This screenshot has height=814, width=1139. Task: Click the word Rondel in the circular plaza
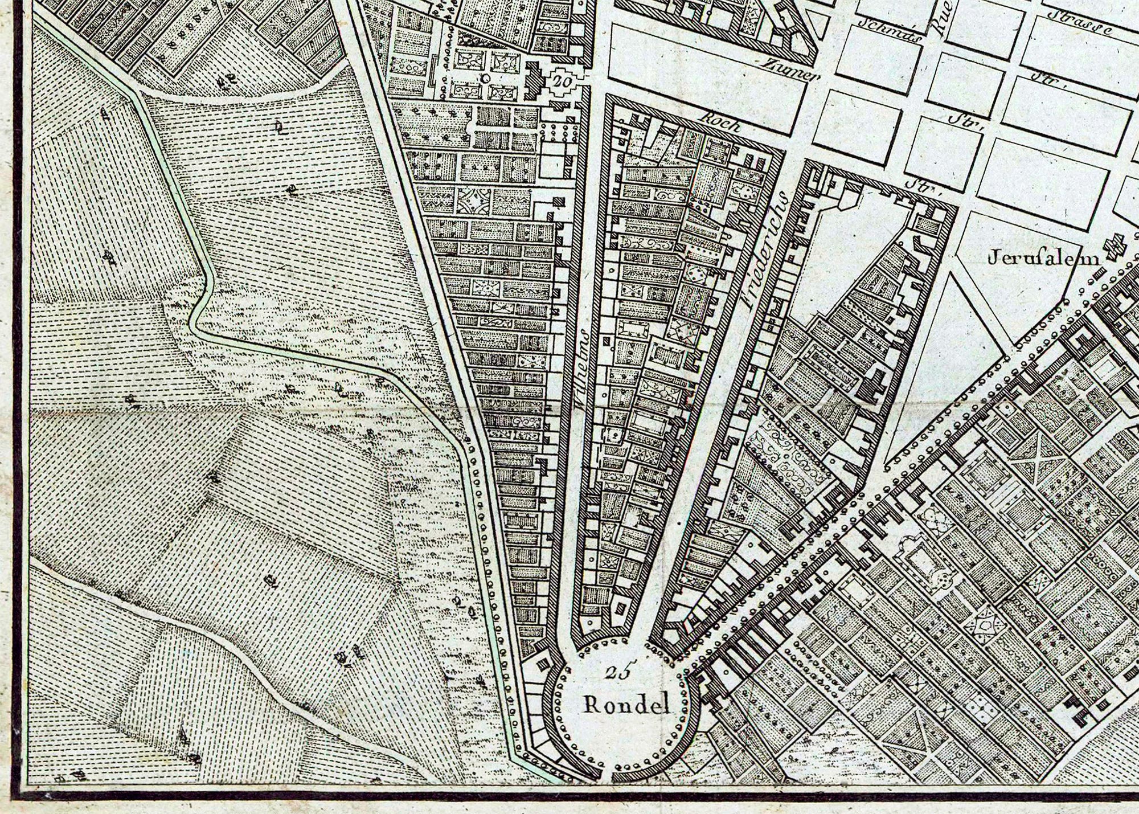click(x=626, y=705)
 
